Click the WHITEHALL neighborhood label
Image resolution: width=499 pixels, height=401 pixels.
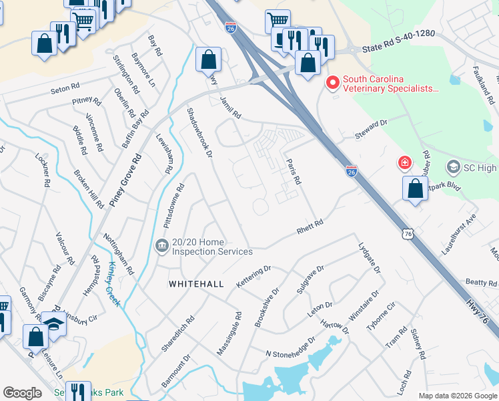tap(196, 284)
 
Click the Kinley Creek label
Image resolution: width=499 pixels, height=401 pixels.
tap(112, 283)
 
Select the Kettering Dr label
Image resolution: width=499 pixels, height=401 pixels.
tap(254, 277)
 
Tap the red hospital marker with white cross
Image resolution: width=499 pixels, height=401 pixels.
tap(404, 162)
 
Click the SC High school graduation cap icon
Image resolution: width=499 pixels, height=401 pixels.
tap(454, 166)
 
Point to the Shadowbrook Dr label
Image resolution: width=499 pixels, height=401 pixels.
tap(199, 133)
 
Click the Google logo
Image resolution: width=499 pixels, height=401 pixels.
tap(23, 393)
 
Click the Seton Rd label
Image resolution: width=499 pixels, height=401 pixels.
tap(65, 89)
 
